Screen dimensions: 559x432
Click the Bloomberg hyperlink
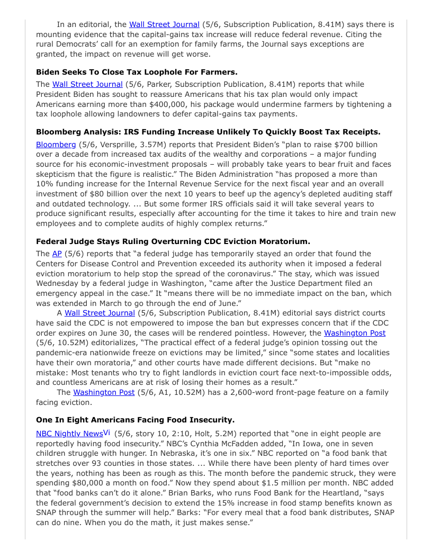pos(56,145)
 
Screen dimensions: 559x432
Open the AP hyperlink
pos(57,254)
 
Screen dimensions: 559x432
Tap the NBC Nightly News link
pos(69,434)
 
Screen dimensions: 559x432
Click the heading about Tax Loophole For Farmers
pos(137,71)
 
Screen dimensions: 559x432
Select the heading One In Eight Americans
pos(135,420)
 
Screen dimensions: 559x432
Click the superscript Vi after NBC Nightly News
pos(106,432)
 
